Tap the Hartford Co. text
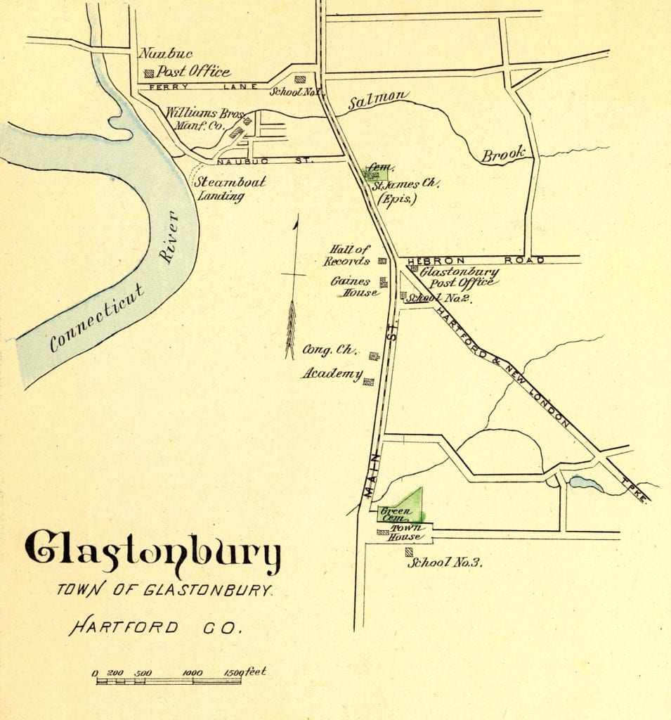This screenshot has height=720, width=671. coord(155,626)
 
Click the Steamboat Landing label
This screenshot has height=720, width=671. coord(221,188)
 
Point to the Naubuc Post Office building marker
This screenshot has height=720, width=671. coord(149,72)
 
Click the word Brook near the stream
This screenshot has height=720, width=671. coord(502,155)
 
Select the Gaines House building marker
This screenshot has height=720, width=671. coord(384,283)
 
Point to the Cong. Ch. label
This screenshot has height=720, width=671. coord(331,350)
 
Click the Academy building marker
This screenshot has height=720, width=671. coord(368,382)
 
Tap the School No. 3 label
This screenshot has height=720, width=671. coord(444,562)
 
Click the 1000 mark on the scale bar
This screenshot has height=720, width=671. coord(192,673)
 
